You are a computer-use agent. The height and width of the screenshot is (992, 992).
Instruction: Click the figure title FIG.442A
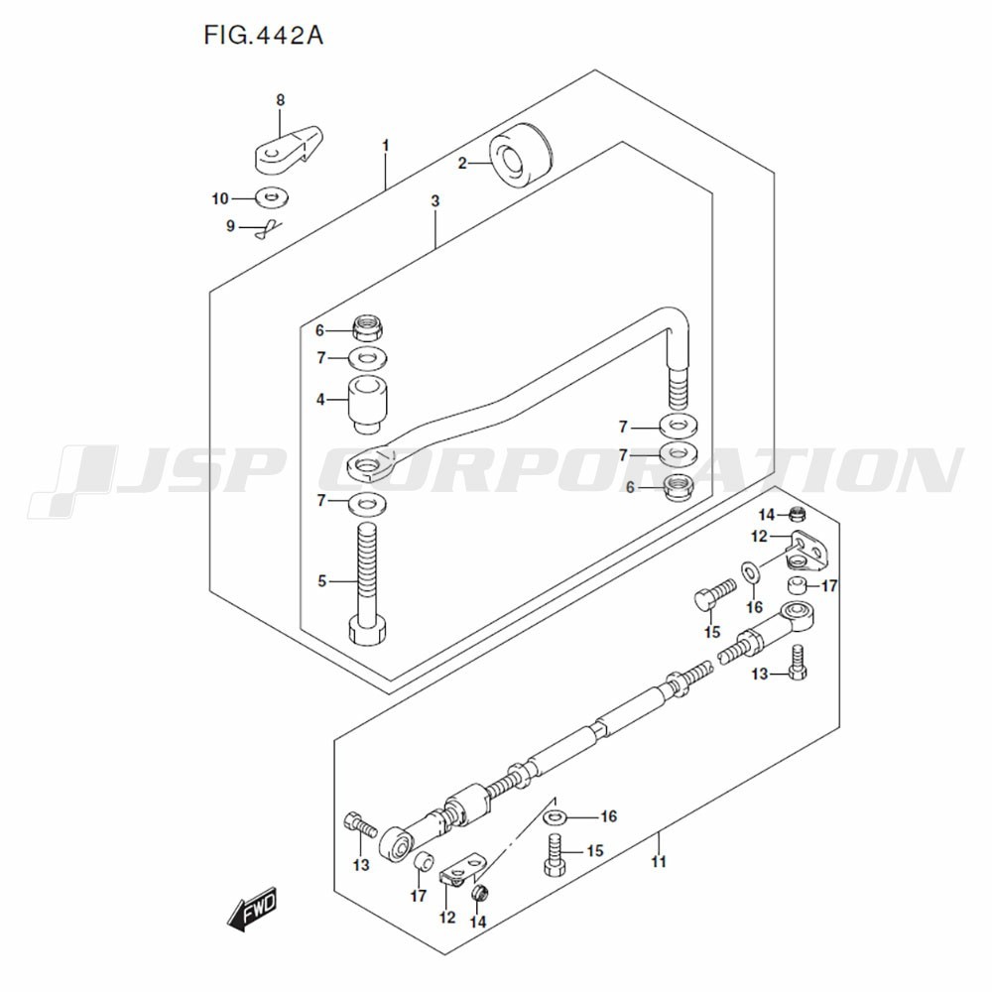coord(263,36)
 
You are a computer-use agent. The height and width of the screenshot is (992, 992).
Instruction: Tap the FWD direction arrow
coord(253,909)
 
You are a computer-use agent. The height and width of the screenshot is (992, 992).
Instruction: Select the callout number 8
coord(281,100)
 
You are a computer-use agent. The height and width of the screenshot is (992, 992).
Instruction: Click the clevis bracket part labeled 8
coord(290,150)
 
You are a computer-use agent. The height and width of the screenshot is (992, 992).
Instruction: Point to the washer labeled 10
coord(273,196)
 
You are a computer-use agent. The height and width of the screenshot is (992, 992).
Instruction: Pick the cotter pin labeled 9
coord(268,229)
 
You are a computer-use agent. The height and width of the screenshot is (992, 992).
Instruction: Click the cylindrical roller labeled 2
coord(521,161)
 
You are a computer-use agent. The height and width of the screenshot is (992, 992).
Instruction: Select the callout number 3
coord(435,201)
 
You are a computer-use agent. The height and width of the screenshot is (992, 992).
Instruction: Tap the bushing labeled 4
coord(368,405)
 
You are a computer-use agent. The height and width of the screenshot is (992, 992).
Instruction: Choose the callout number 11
coord(659,862)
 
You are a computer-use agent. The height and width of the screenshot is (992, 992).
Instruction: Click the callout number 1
coord(385,146)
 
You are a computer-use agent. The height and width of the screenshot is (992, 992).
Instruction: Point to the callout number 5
coord(322,580)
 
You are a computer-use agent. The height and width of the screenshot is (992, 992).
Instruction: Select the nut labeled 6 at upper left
coord(369,328)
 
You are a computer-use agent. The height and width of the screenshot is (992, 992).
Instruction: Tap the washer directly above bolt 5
coord(368,504)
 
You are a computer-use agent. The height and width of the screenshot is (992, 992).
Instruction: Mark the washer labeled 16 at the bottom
coord(555,817)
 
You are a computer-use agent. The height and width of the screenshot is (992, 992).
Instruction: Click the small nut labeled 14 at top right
coord(797,514)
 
